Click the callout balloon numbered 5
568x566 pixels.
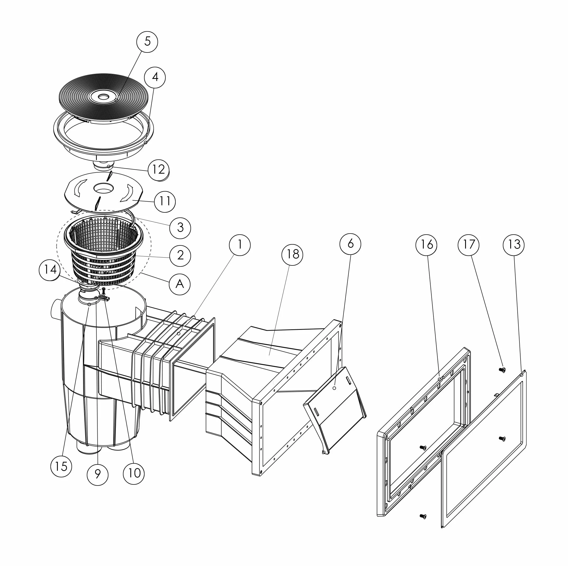[x=147, y=42]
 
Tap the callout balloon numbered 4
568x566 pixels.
[x=155, y=77]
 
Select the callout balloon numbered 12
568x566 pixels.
[x=159, y=170]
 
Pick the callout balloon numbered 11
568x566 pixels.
[x=165, y=201]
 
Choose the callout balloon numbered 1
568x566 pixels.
[x=240, y=245]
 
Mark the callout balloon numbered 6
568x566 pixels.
[x=350, y=244]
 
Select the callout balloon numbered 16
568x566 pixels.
[x=426, y=245]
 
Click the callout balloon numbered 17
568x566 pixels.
[x=469, y=245]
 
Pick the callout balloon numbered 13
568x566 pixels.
[x=514, y=245]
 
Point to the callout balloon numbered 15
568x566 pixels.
[x=61, y=466]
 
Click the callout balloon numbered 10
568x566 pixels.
[x=134, y=473]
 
